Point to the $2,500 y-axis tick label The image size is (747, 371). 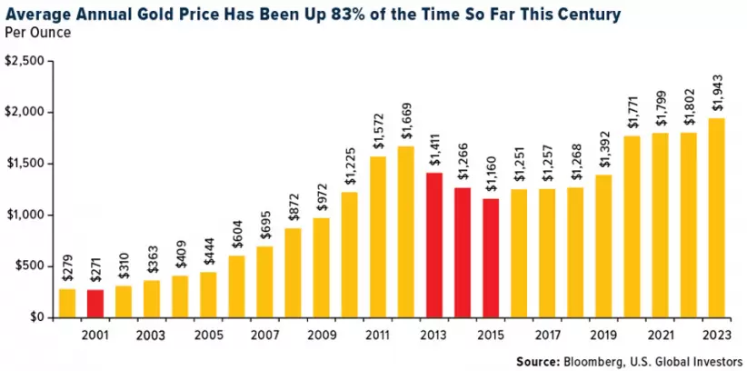click(x=25, y=61)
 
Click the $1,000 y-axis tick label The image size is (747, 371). click(x=25, y=215)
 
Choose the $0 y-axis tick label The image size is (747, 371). click(x=35, y=317)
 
